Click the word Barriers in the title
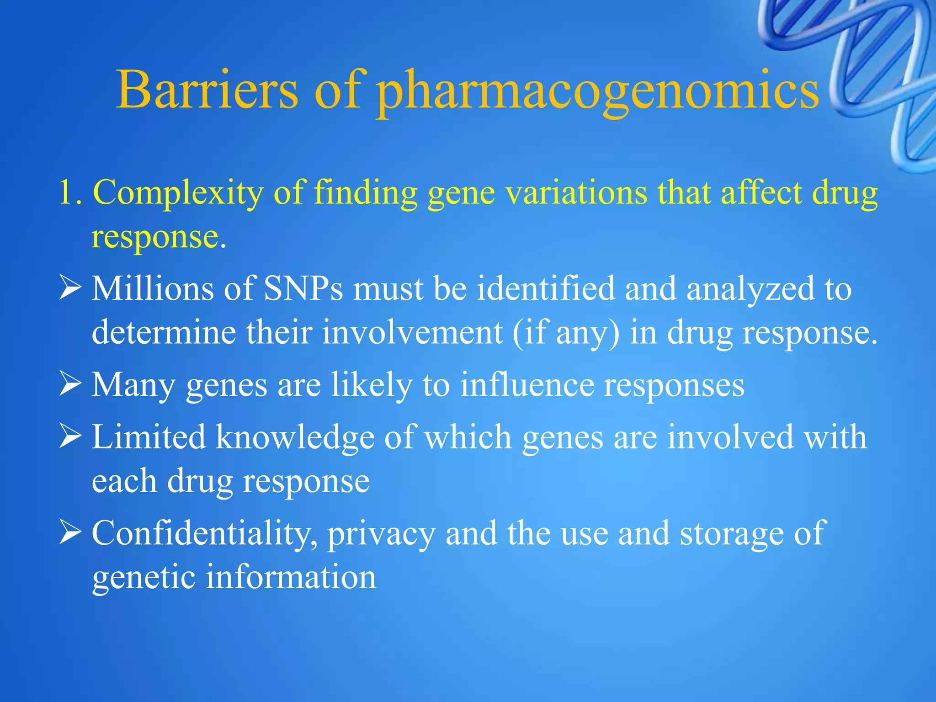point(207,90)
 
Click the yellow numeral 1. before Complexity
point(70,192)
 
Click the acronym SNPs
point(303,289)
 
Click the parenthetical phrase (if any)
point(566,333)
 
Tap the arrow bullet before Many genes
point(70,385)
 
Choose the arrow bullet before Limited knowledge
point(70,437)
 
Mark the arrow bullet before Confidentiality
point(70,533)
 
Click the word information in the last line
point(291,577)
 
